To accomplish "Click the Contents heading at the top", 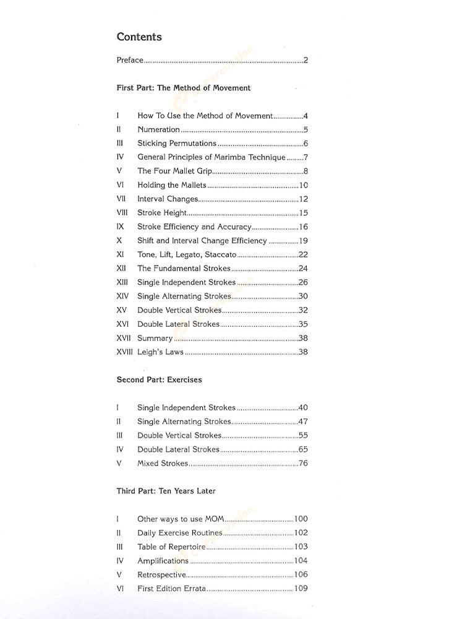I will point(139,37).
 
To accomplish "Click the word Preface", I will point(130,60).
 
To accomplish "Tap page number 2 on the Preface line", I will point(306,60).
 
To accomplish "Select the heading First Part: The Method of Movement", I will point(184,88).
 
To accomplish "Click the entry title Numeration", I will point(158,129).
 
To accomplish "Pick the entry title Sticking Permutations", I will point(177,144).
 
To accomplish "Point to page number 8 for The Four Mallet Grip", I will point(306,171).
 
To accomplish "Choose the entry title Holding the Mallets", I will point(171,185).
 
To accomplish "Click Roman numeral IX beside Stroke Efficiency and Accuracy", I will point(120,227).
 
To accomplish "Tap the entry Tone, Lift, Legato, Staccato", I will point(187,254).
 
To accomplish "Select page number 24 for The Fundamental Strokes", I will point(303,269).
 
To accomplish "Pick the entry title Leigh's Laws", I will point(160,352).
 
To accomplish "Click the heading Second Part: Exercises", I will point(160,380).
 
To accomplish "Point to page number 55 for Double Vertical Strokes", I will point(303,436).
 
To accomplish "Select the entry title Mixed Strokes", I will point(162,464).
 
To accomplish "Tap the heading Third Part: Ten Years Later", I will point(166,491).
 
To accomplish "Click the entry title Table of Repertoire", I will point(171,547).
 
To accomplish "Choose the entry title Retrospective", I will point(161,575).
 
